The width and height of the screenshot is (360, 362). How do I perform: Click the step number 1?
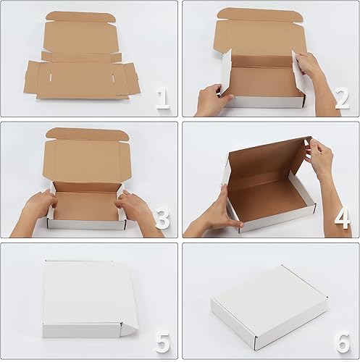[162, 98]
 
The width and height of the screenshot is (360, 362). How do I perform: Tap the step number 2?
[342, 98]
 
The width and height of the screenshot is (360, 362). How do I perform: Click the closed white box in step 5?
[87, 300]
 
